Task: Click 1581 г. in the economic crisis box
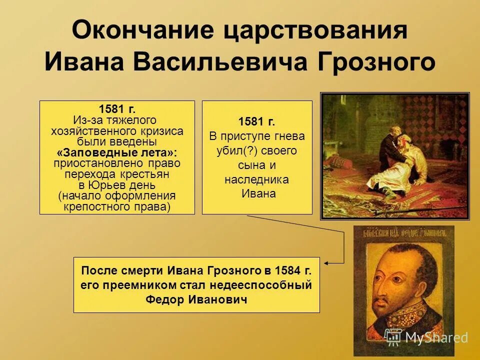(117, 109)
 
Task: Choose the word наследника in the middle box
(256, 179)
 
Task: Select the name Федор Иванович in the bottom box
(196, 299)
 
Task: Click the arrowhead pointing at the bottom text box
(326, 262)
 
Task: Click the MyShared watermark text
(436, 337)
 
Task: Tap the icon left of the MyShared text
(393, 337)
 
